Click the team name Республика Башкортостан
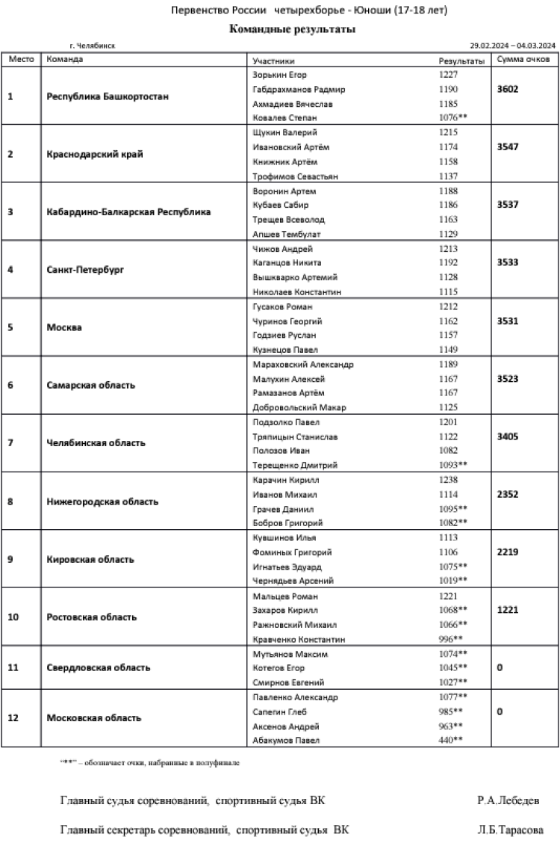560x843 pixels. pyautogui.click(x=108, y=96)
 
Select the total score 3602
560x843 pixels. pyautogui.click(x=508, y=89)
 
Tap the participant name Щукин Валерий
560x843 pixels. pyautogui.click(x=282, y=132)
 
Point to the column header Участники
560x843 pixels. pyautogui.click(x=273, y=60)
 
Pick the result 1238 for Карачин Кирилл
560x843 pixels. pyautogui.click(x=449, y=480)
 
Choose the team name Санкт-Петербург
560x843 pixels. pyautogui.click(x=84, y=270)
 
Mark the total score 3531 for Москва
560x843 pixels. pyautogui.click(x=508, y=321)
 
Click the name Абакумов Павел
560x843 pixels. pyautogui.click(x=286, y=740)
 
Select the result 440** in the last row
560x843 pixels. pyautogui.click(x=451, y=740)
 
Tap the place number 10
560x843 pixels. pyautogui.click(x=13, y=617)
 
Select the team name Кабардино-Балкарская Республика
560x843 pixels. pyautogui.click(x=128, y=211)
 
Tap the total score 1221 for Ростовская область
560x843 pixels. pyautogui.click(x=508, y=611)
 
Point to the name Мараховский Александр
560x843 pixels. pyautogui.click(x=303, y=365)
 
